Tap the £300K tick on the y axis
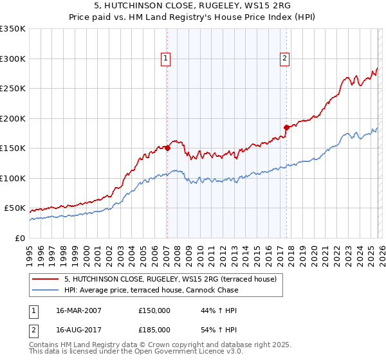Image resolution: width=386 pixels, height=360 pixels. click(x=13, y=59)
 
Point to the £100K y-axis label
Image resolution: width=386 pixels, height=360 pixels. click(x=13, y=178)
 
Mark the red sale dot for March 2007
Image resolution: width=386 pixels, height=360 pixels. click(x=167, y=148)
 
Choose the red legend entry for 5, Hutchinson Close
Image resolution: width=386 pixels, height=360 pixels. click(x=170, y=279)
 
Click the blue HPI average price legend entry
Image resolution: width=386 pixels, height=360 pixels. click(x=151, y=290)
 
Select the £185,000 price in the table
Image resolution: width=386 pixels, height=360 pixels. click(x=154, y=329)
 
